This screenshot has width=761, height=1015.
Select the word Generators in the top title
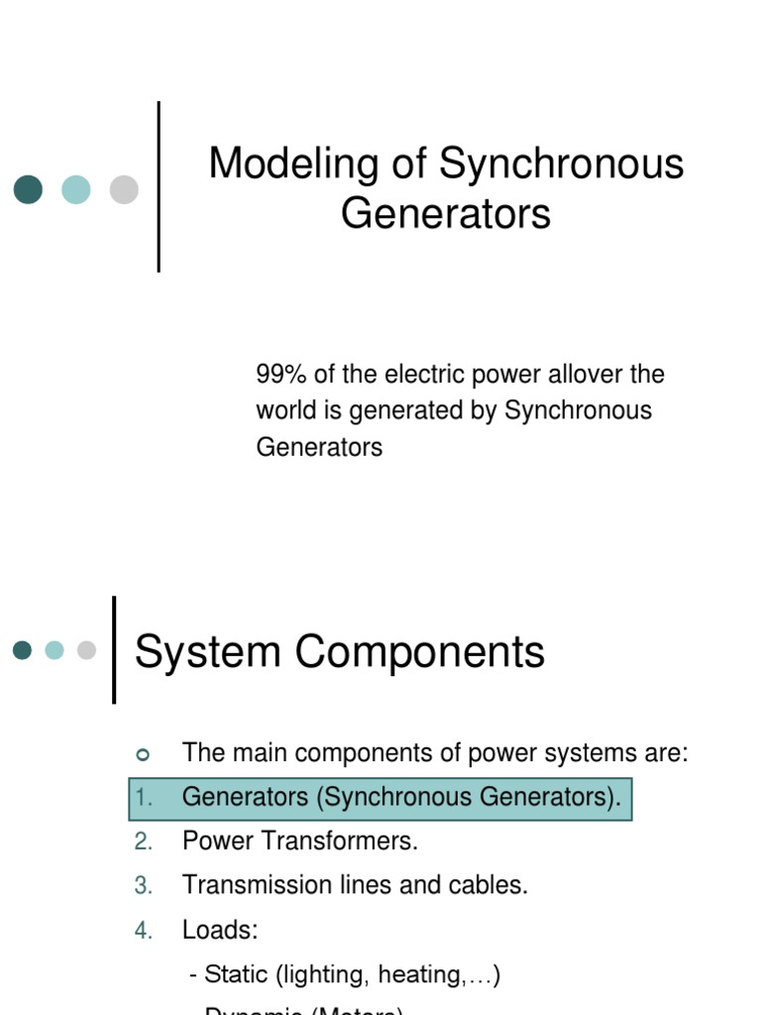coord(446,213)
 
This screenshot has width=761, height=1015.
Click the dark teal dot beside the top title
coord(28,189)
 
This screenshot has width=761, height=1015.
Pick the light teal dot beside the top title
coord(76,189)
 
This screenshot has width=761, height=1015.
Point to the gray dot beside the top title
coord(124,189)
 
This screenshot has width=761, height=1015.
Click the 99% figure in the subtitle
coord(277,375)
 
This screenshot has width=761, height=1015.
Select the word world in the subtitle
coord(283,410)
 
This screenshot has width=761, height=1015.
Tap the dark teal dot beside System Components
coord(22,650)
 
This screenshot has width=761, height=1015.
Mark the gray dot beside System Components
coord(86,650)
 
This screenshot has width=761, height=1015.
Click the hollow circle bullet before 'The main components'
coord(142,754)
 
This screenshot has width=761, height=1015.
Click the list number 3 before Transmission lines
coord(144,886)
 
